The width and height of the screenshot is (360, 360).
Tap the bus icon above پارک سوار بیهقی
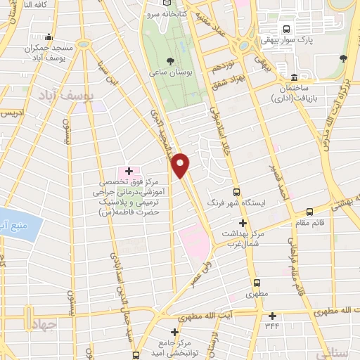(x=285, y=29)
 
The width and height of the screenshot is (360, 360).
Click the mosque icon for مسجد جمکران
(x=49, y=38)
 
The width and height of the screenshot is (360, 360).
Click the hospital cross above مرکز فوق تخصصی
(x=129, y=171)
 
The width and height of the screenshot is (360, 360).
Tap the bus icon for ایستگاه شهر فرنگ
(x=236, y=191)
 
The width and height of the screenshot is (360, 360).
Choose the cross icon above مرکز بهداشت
(x=243, y=222)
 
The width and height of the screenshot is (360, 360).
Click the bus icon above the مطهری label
(x=257, y=283)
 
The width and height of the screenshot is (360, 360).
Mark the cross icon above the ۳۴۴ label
(x=272, y=316)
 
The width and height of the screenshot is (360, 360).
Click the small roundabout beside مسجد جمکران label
(x=84, y=44)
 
